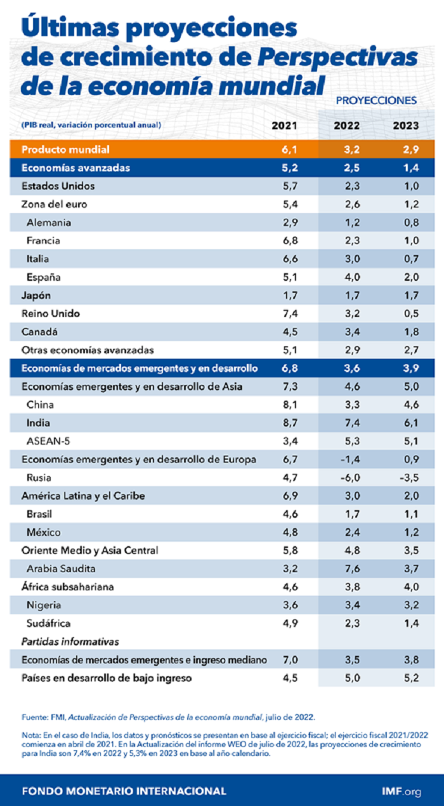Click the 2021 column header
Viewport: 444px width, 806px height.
[284, 126]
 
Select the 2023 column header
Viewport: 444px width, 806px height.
[406, 126]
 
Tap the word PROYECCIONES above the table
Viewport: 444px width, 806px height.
[376, 100]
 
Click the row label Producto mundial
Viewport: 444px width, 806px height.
[66, 150]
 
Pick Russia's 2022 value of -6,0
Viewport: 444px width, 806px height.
[346, 478]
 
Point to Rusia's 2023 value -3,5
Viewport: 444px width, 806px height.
[406, 478]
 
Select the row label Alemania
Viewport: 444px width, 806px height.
[49, 223]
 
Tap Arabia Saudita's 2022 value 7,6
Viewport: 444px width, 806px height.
[347, 569]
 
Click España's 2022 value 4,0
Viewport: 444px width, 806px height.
[347, 277]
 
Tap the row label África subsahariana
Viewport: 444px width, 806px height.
[68, 587]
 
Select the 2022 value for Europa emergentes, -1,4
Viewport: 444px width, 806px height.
[346, 459]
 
